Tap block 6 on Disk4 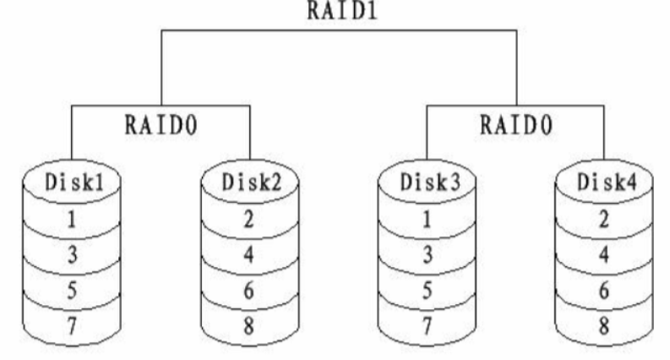603,290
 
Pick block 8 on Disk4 603,325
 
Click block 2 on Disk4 603,220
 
